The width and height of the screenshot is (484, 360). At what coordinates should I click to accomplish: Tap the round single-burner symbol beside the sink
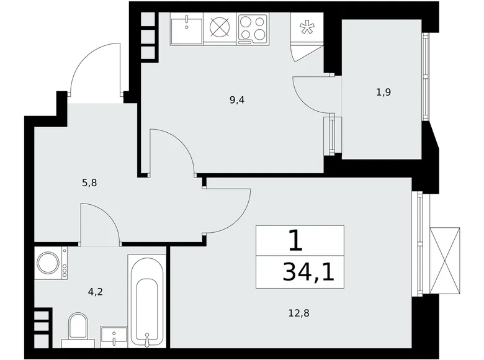[x=219, y=29]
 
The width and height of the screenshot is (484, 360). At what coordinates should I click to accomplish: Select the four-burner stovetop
[x=252, y=29]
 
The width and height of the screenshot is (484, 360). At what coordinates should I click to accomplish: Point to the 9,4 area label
[x=236, y=99]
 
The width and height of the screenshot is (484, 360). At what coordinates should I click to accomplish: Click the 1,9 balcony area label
[x=383, y=92]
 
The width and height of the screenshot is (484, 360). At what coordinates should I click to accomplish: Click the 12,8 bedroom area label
[x=298, y=313]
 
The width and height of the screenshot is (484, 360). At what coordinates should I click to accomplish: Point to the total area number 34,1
[x=308, y=271]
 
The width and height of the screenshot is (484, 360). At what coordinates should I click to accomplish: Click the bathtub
[x=147, y=300]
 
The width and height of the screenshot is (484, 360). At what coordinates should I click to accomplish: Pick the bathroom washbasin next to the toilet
[x=114, y=336]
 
